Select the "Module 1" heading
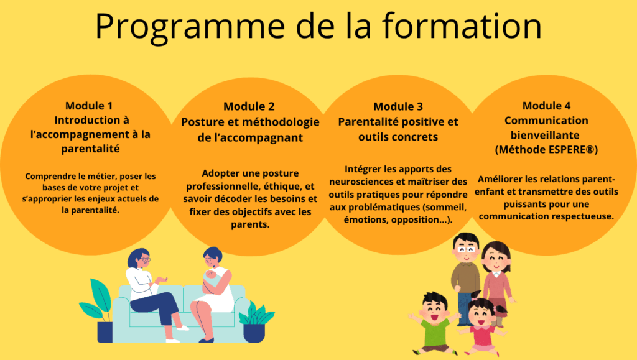(x=89, y=106)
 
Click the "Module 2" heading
(x=249, y=106)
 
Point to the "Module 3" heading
(x=398, y=106)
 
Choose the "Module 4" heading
(x=546, y=106)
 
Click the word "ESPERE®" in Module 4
(x=571, y=149)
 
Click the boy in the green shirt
(x=434, y=323)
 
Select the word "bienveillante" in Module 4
(x=545, y=135)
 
